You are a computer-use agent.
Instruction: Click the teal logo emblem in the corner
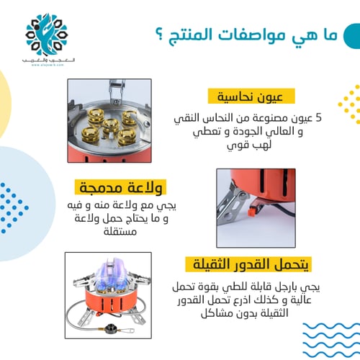pos(48,32)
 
